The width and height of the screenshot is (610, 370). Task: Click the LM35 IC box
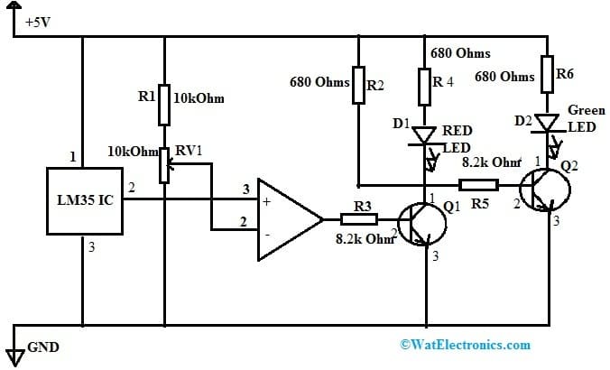(81, 199)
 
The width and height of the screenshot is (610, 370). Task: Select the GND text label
(44, 347)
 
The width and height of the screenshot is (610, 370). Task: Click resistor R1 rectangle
(164, 106)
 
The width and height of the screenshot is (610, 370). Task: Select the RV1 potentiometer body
(164, 165)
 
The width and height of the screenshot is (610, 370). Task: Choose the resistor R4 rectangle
(424, 88)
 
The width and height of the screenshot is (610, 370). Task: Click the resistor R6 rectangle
(548, 71)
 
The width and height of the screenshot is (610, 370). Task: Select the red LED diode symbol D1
(424, 135)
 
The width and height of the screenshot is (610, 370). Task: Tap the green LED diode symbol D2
(548, 121)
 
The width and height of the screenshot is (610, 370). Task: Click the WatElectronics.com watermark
(464, 345)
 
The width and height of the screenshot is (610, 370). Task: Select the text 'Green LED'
(581, 118)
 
